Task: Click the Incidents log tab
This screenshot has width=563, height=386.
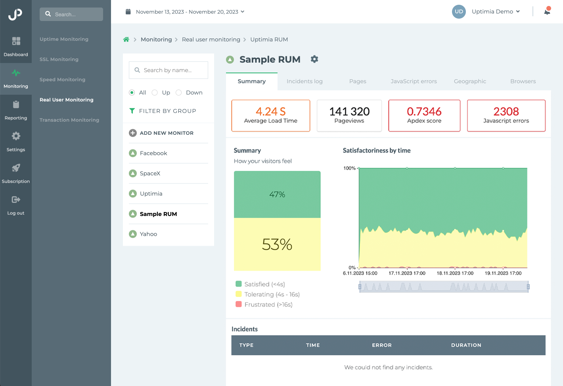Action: (x=304, y=81)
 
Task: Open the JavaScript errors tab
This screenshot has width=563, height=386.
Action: (x=414, y=81)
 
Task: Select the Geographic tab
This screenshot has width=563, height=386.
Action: (x=470, y=81)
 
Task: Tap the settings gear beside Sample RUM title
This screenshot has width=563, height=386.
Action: (x=314, y=59)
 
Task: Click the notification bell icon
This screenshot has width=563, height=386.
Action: (x=547, y=11)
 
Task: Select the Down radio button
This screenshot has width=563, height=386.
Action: (x=179, y=92)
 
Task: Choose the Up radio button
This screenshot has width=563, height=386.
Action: (x=155, y=92)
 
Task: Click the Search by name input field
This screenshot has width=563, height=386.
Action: (x=169, y=70)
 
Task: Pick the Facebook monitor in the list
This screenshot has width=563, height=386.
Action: (x=153, y=153)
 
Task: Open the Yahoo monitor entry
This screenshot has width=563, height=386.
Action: (x=148, y=234)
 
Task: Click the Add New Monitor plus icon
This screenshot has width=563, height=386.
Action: (x=133, y=133)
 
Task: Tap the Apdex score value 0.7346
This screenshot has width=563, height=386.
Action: (x=424, y=111)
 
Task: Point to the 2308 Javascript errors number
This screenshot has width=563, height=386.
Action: (x=506, y=111)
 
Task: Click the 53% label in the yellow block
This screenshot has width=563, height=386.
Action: (x=277, y=245)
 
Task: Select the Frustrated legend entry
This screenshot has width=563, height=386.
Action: (x=268, y=304)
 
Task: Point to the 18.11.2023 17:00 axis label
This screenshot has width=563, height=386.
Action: (x=455, y=273)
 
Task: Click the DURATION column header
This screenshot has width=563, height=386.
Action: (x=466, y=345)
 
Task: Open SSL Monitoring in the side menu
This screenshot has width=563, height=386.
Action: (x=59, y=59)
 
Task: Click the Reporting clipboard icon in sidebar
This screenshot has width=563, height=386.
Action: (x=16, y=105)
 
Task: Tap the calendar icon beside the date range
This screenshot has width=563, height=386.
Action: (x=128, y=11)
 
